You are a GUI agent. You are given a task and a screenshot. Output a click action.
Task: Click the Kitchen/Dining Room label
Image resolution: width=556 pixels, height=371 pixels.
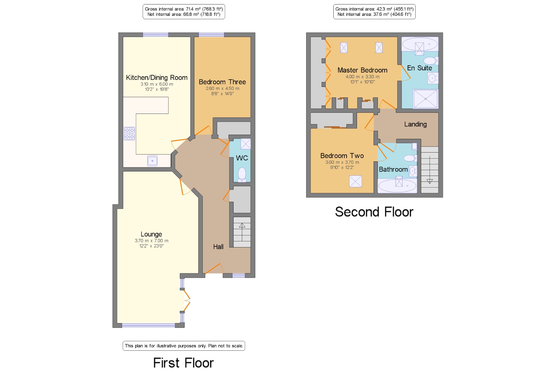(157, 78)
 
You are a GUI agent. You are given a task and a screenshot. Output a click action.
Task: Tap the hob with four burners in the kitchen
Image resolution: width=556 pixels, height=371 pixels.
(130, 134)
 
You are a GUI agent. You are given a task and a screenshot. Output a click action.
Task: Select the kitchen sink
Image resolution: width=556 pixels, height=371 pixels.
(152, 161)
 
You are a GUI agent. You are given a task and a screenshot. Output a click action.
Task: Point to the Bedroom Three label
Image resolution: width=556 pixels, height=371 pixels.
(222, 82)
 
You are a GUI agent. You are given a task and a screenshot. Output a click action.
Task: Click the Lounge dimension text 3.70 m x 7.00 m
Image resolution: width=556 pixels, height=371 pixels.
(152, 241)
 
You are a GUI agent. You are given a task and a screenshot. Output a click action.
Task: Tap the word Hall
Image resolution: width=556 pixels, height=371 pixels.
(218, 247)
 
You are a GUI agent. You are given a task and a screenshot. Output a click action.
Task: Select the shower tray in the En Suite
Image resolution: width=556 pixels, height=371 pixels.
(426, 99)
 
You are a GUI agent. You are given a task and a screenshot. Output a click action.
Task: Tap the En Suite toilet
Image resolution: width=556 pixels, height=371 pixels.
(431, 60)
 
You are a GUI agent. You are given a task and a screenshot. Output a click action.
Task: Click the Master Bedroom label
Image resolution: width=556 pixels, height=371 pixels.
(363, 70)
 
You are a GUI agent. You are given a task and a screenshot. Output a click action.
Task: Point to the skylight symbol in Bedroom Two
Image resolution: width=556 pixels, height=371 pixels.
(356, 181)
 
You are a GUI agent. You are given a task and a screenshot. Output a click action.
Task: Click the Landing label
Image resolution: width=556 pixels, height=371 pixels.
(415, 124)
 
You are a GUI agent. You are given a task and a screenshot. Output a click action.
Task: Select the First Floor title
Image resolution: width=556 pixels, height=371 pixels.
(183, 363)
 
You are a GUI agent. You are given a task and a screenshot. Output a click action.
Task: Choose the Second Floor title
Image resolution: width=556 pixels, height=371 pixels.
(374, 212)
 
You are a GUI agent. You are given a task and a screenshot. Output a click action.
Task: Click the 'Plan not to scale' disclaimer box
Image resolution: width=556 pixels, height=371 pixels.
(184, 346)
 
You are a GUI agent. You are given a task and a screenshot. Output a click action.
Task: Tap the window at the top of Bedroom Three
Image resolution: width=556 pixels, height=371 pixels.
(211, 35)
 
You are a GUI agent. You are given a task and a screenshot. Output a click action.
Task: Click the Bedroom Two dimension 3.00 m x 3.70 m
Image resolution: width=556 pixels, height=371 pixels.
(342, 162)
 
